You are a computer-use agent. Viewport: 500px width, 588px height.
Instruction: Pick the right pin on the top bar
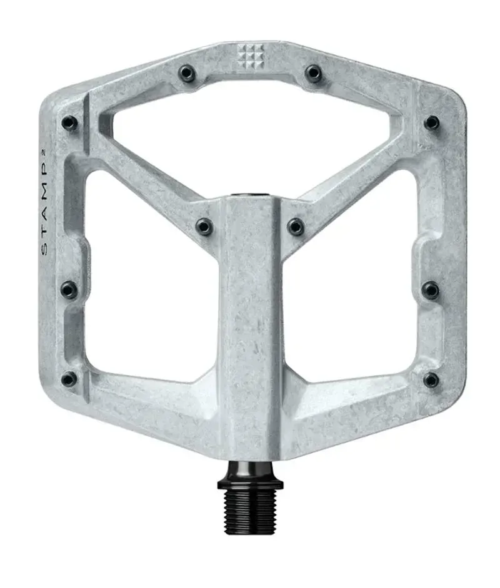click(313, 74)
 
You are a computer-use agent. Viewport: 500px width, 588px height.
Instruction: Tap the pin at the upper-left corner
click(69, 123)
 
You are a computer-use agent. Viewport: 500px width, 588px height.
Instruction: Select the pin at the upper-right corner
click(431, 122)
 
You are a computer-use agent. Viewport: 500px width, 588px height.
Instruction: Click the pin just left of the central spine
click(204, 226)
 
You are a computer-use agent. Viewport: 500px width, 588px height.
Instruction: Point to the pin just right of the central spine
click(296, 226)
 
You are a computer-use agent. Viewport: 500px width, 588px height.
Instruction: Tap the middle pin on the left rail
click(69, 290)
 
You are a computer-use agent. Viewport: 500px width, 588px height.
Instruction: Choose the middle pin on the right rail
click(431, 290)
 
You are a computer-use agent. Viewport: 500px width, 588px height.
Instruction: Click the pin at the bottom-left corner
click(69, 379)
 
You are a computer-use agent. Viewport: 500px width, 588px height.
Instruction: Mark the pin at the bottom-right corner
click(431, 379)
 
